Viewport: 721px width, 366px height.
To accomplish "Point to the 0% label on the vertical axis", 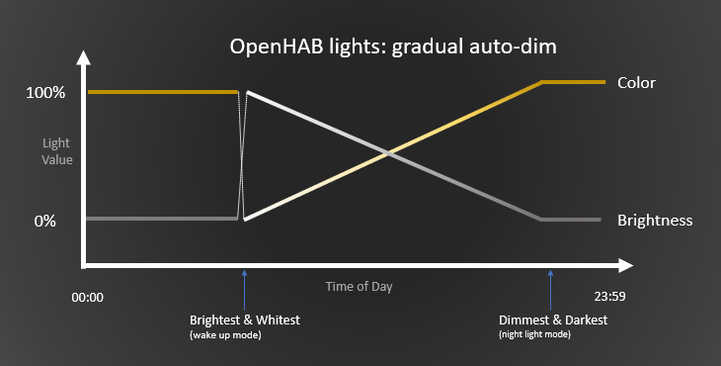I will pos(45,221).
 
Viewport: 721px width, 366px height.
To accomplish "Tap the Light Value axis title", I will pos(55,151).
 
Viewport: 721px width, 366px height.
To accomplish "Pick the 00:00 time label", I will pos(88,296).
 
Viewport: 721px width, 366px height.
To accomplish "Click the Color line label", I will pos(636,81).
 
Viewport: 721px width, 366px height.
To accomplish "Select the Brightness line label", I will pos(655,219).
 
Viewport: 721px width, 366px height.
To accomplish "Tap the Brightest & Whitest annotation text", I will pos(244,320).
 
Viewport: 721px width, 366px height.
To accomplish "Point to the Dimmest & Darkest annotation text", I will pos(553,320).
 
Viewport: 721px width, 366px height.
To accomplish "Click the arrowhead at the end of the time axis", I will pos(624,265).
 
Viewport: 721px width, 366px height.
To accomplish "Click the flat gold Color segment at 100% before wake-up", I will pos(163,92).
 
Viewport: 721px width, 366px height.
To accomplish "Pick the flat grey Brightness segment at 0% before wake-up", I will pos(163,218).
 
